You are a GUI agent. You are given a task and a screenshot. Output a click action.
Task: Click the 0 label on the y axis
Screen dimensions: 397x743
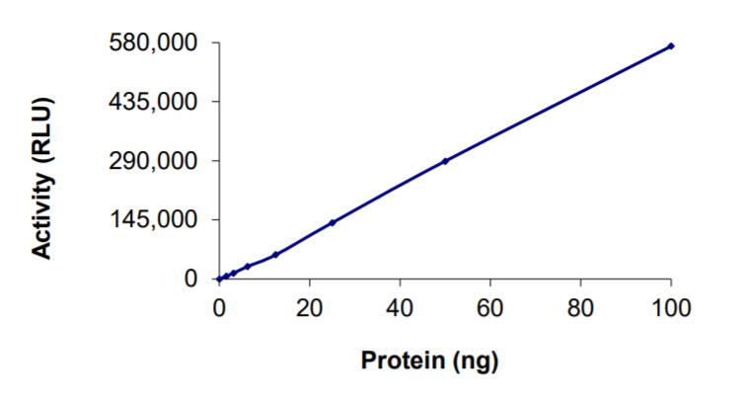click(189, 278)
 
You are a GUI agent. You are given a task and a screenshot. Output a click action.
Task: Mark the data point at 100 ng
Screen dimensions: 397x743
click(671, 45)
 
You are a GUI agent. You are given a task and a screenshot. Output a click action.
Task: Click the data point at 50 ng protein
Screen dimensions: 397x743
click(445, 161)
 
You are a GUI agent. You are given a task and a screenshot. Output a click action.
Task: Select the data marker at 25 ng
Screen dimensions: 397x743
click(333, 222)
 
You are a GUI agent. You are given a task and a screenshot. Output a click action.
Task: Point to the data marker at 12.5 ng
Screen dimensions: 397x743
click(275, 255)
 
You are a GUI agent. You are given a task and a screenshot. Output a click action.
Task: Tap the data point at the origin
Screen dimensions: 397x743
click(219, 278)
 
